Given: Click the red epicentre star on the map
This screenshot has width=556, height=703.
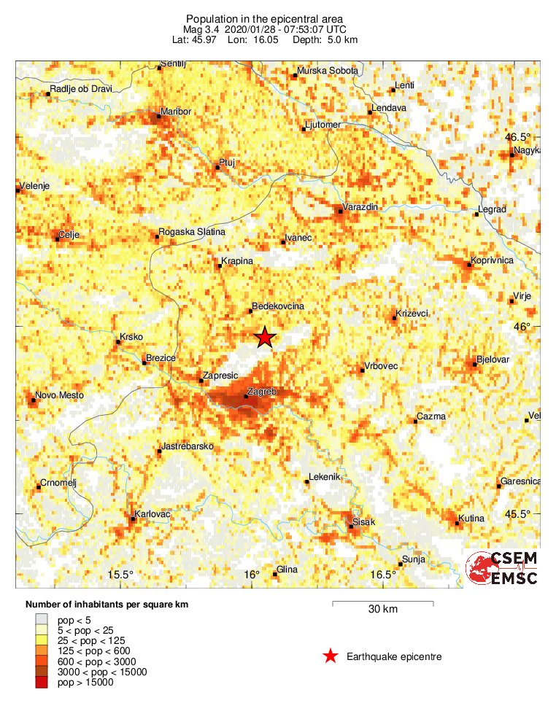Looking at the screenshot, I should coord(265,337).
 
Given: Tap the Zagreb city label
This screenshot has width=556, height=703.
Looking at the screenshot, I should coord(262,392).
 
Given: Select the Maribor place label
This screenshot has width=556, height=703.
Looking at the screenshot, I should coord(174,111).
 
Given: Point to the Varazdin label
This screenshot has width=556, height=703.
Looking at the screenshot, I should coord(360,208).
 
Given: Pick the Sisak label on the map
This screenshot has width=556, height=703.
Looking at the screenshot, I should coord(363,523).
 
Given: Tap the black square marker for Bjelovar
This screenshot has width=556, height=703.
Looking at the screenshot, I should coord(474,364).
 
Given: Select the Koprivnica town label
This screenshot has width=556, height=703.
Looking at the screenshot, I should coord(493,260).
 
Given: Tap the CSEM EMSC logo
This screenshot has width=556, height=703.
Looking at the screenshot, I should coord(502,568).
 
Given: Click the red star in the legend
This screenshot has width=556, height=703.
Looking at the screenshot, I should coord(331,656).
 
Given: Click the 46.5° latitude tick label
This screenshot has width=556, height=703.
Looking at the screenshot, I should coord(520,137).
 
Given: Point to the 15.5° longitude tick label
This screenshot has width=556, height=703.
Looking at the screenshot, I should coord(120,575).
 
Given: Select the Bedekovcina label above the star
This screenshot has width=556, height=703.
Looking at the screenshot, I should coord(278,307).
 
